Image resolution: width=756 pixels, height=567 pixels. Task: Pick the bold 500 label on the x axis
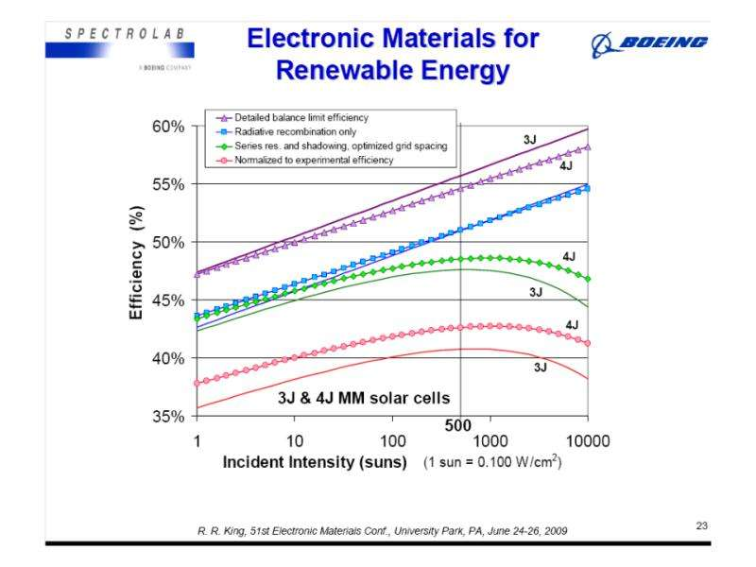click(x=458, y=426)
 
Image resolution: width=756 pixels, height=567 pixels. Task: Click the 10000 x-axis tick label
click(x=587, y=440)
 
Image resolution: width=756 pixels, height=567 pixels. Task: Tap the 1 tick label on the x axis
click(x=197, y=440)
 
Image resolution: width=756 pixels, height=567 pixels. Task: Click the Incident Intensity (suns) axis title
click(x=315, y=464)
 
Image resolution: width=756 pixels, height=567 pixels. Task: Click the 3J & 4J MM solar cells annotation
click(x=363, y=398)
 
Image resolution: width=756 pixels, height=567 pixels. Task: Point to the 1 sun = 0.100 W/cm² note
click(x=492, y=465)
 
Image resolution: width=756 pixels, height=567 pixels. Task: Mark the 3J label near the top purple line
click(x=530, y=140)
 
